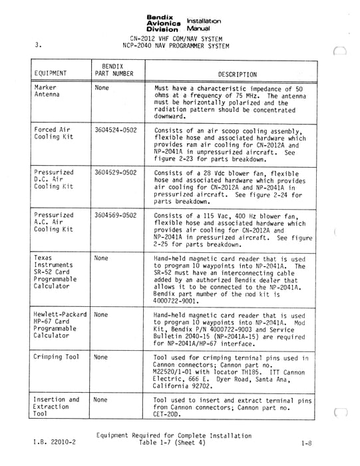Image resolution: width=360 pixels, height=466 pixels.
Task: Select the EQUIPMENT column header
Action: [x=49, y=72]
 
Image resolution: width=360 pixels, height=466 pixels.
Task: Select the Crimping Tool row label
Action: [x=57, y=357]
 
